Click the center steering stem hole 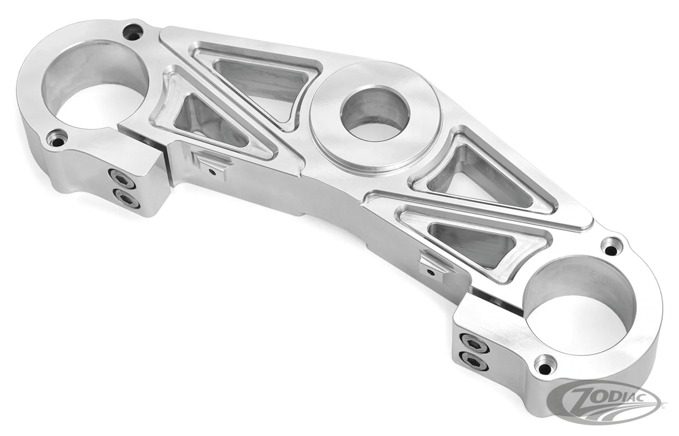click(x=375, y=114)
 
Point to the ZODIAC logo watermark click(x=606, y=402)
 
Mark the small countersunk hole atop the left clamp click(x=133, y=32)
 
